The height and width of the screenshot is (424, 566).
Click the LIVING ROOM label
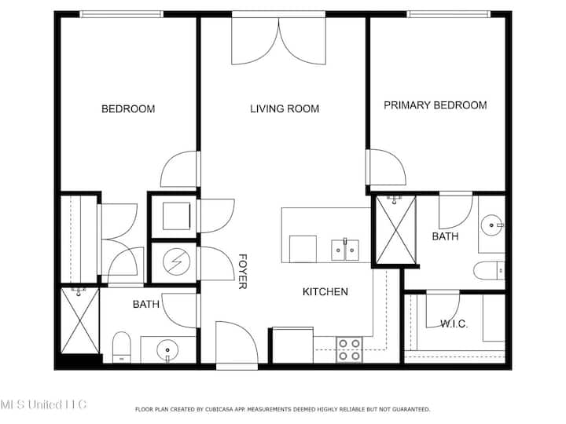click(x=285, y=108)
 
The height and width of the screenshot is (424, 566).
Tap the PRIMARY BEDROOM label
click(x=435, y=105)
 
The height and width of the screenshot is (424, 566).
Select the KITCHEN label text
click(x=325, y=291)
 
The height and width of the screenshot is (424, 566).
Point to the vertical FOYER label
click(x=243, y=272)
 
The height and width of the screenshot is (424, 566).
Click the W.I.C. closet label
click(x=454, y=323)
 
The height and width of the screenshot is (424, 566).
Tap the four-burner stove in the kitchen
click(x=349, y=349)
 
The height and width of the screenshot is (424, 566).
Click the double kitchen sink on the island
click(x=345, y=250)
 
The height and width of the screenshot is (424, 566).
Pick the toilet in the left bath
click(x=122, y=347)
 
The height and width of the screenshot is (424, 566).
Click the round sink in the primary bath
click(x=491, y=225)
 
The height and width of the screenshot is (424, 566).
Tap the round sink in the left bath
click(x=167, y=349)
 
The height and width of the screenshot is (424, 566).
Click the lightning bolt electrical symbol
click(x=177, y=261)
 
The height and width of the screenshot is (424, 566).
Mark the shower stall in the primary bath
click(x=396, y=230)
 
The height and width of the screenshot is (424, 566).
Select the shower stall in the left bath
click(x=79, y=320)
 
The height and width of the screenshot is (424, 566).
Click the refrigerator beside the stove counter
click(x=292, y=345)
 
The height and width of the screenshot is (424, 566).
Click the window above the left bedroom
click(x=121, y=14)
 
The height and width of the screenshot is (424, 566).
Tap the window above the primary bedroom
click(x=449, y=14)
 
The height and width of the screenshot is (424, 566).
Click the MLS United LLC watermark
click(x=43, y=404)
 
